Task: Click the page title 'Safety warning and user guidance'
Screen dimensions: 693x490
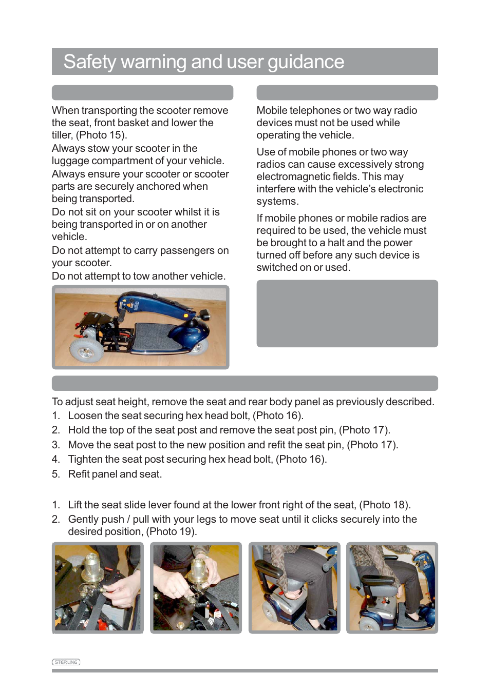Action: point(203,62)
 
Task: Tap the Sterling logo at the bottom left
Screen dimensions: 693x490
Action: point(66,662)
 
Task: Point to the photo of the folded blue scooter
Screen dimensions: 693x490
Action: point(140,327)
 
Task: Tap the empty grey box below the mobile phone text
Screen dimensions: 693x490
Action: point(347,313)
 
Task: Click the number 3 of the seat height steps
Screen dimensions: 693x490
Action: point(55,445)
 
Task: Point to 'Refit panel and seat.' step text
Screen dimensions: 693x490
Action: point(115,474)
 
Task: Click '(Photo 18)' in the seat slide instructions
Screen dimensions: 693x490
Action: point(384,505)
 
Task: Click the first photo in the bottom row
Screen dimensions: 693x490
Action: point(98,588)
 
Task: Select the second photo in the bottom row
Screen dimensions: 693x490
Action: point(196,588)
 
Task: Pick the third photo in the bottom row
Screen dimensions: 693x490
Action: point(294,588)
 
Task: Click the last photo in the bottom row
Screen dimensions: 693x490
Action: point(392,588)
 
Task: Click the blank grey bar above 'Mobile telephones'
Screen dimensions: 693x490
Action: point(347,93)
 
